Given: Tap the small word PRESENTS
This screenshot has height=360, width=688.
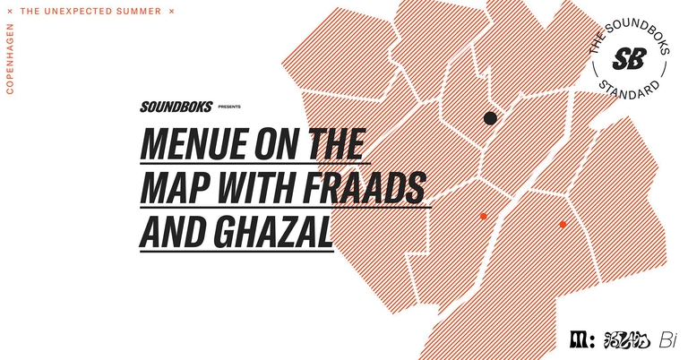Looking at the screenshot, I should point(229,107).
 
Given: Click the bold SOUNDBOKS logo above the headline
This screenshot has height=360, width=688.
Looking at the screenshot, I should point(176,106).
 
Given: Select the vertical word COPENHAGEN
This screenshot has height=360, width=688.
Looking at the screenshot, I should point(10,61).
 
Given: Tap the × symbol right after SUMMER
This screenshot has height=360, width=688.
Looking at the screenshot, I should point(172,12).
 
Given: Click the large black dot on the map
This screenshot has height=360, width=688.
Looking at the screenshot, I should point(490,118).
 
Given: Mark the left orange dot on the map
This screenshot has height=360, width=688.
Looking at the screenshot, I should point(483,216).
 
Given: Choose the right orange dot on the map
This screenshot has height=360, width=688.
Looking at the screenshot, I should point(563,224).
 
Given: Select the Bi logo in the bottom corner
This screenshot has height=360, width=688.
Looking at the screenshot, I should point(667,340).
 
